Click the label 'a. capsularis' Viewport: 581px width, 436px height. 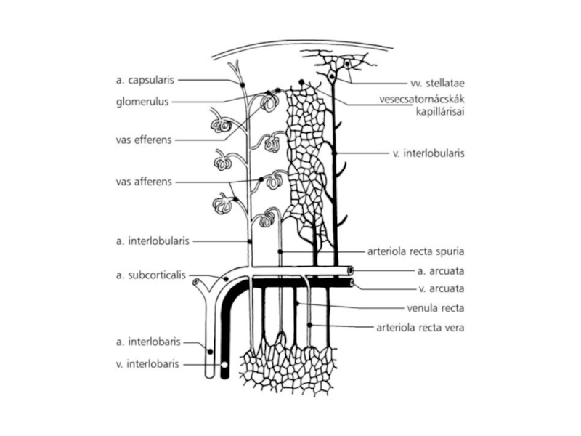point(145,80)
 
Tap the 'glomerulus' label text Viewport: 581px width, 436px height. point(142,102)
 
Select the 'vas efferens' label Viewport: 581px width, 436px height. point(144,140)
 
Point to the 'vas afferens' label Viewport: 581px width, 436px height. point(144,182)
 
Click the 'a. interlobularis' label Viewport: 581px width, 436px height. point(153,241)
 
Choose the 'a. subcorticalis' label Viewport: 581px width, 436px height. point(151,275)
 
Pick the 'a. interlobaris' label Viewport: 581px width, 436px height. point(148,342)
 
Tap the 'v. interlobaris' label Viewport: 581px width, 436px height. point(147,364)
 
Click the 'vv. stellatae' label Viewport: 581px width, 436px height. point(437,83)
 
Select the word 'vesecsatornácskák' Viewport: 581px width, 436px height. point(422,100)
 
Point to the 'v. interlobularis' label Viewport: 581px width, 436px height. point(428,153)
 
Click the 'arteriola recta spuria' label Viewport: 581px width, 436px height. point(415,251)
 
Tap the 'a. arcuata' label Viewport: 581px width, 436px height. point(441,271)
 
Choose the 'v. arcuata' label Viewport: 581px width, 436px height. point(442,288)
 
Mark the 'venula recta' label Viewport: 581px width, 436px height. point(435,308)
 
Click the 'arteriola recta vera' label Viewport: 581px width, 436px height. point(420,328)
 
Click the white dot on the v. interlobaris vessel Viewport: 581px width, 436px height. point(224,365)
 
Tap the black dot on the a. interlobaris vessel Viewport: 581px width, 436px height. point(210,351)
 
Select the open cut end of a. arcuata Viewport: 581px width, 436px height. point(350,270)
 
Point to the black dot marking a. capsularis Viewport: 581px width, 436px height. point(243,85)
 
